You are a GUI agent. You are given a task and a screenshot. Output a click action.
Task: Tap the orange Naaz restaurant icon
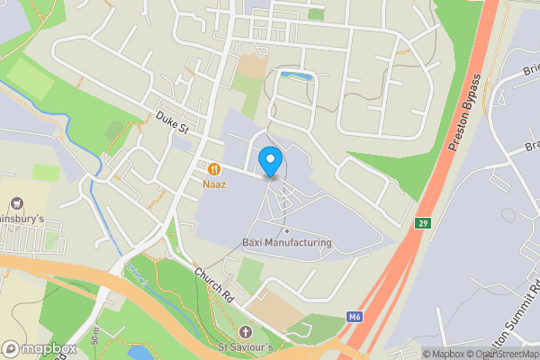(214, 168)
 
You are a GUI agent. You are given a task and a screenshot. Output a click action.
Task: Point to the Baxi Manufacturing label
(287, 242)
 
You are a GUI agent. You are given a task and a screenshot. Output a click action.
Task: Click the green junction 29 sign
(423, 221)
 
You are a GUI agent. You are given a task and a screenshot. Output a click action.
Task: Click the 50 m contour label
(95, 337)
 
